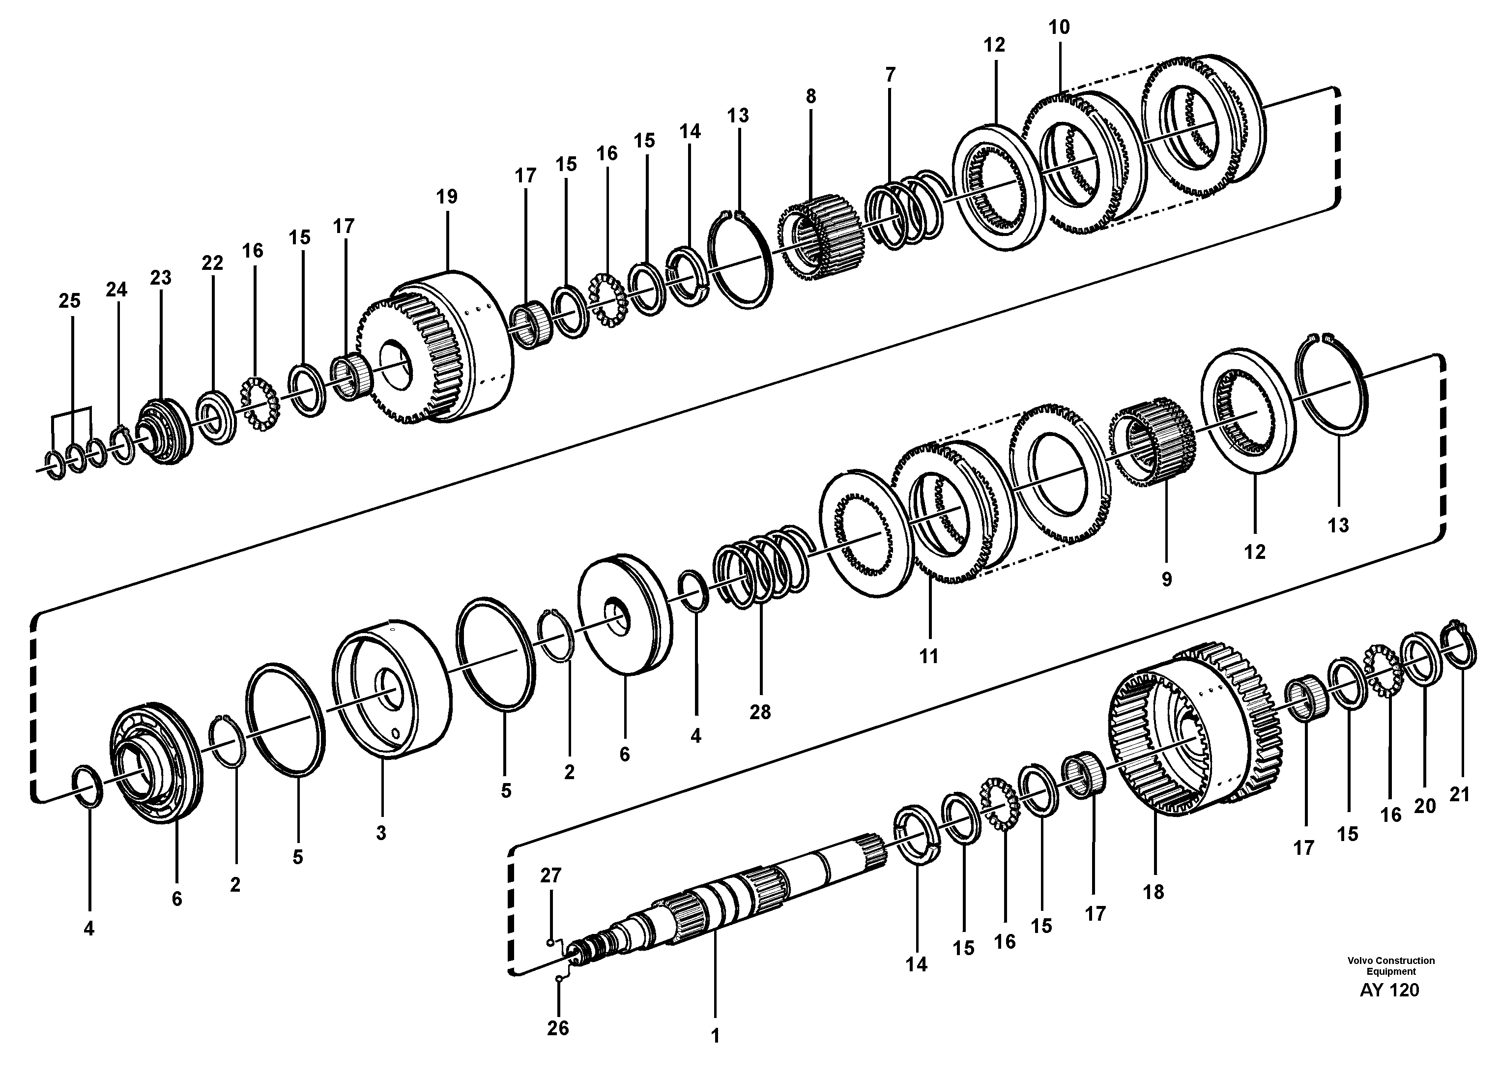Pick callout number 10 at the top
point(1059,27)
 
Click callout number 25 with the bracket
point(69,301)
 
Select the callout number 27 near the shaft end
point(550,875)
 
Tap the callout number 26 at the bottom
point(557,1027)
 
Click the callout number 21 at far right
point(1459,794)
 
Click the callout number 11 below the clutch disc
point(928,656)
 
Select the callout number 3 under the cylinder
point(381,833)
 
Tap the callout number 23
point(161,278)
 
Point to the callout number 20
point(1425,806)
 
